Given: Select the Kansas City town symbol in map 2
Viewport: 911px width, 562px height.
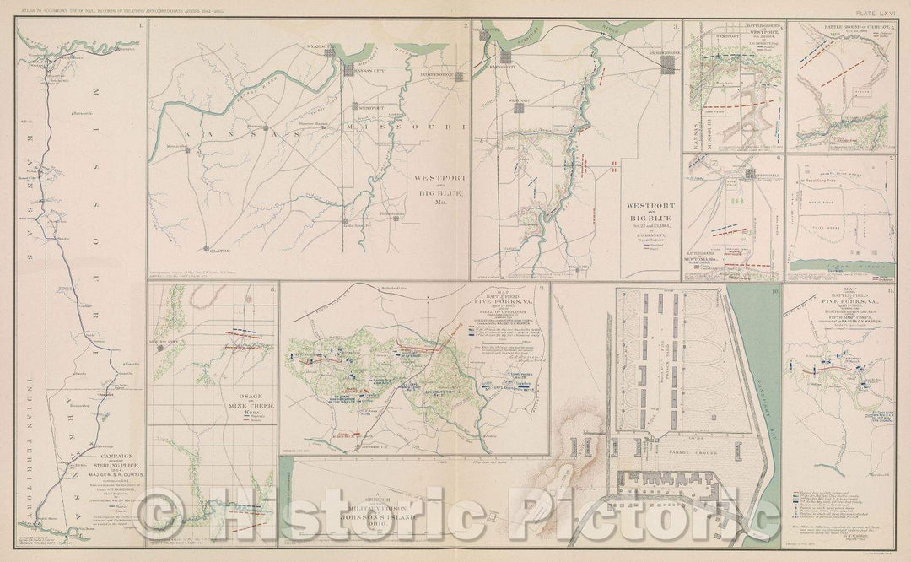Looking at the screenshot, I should pyautogui.click(x=346, y=61).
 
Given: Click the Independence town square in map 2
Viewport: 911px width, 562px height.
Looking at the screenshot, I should pyautogui.click(x=460, y=77).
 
